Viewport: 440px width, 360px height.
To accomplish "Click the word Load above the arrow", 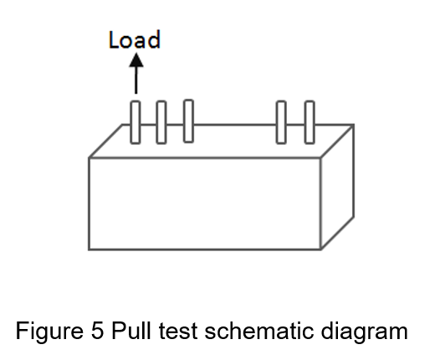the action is (x=135, y=39).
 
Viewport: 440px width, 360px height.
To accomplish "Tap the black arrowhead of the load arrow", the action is (x=136, y=60).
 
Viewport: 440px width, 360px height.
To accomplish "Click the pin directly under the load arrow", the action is (x=136, y=122).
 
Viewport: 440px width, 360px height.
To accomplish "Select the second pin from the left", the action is (x=161, y=122).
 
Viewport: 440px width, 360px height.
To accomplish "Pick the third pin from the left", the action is (x=188, y=121).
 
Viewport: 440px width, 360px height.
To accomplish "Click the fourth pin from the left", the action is (x=281, y=122).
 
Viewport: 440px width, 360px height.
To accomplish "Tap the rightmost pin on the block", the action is (x=310, y=122).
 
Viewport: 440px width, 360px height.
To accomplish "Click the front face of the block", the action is (x=205, y=203).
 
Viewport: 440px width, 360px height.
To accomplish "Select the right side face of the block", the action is (x=337, y=187).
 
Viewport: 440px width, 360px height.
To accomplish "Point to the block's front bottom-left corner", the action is (x=89, y=249).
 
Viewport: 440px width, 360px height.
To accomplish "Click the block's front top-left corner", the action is (x=89, y=158).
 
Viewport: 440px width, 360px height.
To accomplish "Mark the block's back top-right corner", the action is (x=353, y=125).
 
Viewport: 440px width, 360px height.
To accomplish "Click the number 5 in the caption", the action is (x=97, y=331).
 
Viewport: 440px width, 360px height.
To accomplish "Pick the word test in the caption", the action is (x=178, y=331).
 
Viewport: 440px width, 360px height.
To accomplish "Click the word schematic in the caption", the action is (x=258, y=331).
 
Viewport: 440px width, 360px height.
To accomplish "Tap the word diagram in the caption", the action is (x=364, y=332).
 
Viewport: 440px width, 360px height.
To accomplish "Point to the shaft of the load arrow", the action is (x=136, y=80).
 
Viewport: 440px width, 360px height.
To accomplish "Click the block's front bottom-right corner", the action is (x=320, y=249).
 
